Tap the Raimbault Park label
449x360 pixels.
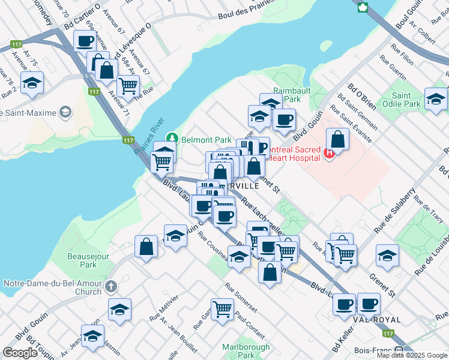tap(286, 94)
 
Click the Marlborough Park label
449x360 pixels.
tap(246, 350)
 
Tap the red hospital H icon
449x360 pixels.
tap(329, 154)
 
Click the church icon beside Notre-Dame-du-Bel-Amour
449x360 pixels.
tap(111, 287)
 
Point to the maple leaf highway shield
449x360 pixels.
tap(363, 7)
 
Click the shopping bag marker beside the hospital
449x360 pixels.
tap(338, 140)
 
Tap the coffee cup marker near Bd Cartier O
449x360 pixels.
tap(85, 41)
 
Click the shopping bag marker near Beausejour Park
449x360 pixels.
tap(146, 247)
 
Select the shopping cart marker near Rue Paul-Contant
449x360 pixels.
tap(222, 310)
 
